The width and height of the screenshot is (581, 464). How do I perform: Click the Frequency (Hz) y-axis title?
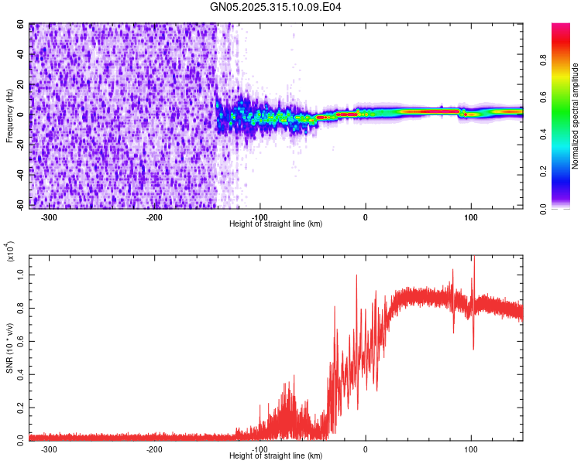pos(9,116)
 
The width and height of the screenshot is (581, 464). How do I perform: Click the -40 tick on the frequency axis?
pos(19,175)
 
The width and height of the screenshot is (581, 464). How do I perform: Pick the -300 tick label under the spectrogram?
pos(49,217)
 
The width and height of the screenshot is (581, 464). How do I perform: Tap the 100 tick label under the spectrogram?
pos(471,217)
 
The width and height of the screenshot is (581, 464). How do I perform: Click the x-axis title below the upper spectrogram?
pos(277,224)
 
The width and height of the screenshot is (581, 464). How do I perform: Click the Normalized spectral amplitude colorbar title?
pos(576,116)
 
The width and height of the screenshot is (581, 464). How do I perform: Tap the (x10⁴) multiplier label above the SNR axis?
pos(9,252)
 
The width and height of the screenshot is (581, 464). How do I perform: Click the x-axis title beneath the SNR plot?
pos(277,456)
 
